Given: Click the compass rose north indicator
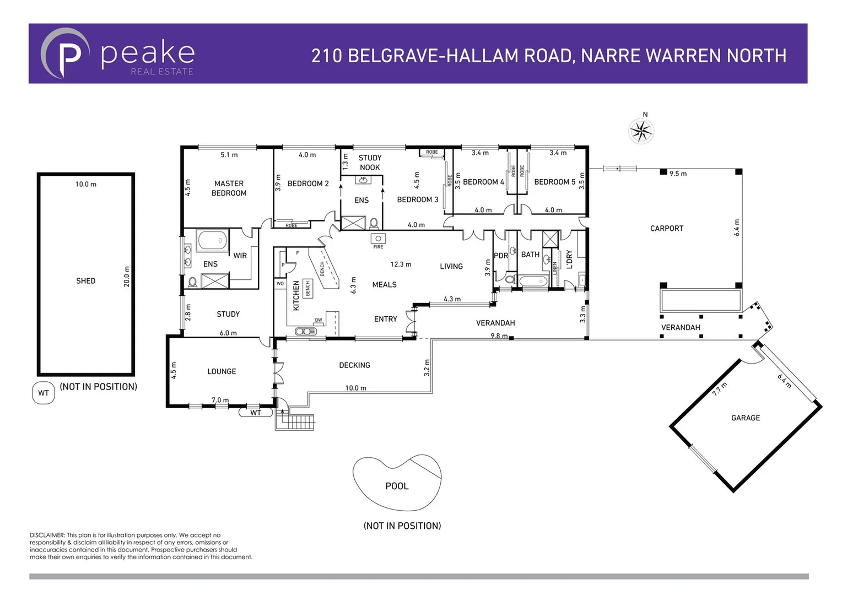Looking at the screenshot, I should [641, 131].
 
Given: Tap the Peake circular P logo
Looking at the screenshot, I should [65, 53].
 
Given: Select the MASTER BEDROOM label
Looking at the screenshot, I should [229, 188].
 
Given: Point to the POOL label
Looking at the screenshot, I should [397, 486].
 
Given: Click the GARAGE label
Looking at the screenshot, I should [745, 418].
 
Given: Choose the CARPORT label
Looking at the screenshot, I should [666, 228].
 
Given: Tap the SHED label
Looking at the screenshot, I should [85, 281].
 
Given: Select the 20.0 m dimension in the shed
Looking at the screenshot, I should [126, 277].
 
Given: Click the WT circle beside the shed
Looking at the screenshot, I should [44, 393].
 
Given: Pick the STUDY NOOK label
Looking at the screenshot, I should [370, 163].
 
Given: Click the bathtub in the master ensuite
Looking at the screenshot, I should [212, 241].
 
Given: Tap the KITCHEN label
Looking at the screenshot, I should [296, 296].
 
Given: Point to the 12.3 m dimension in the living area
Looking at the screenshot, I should [401, 264].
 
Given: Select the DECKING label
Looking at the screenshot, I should [354, 365].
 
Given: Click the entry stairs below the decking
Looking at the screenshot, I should [295, 423].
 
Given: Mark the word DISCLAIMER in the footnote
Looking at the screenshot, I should [47, 535].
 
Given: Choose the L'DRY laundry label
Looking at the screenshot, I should [569, 259].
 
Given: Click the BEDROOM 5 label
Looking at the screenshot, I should [554, 182].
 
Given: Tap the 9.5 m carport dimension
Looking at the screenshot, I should [678, 174].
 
